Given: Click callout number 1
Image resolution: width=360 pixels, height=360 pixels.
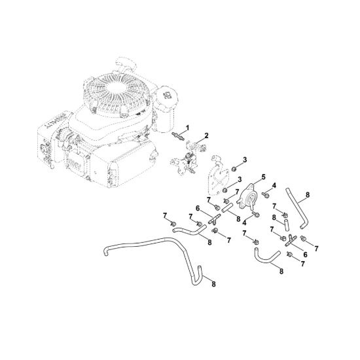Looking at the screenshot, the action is [x=187, y=128].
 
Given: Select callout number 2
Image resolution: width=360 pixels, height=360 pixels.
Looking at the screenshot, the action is [x=206, y=135].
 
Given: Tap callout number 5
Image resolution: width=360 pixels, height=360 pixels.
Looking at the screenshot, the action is [x=263, y=177].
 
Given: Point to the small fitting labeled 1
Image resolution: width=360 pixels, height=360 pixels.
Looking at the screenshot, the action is [x=178, y=136].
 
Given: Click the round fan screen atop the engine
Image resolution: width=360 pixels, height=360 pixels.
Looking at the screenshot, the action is [x=115, y=89].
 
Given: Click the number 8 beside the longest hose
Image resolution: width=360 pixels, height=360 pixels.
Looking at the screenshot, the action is [x=213, y=284].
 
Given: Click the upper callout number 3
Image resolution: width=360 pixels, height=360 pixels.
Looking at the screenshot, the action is [x=245, y=160].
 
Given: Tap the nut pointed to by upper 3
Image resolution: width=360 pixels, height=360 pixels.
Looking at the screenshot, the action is [x=234, y=169].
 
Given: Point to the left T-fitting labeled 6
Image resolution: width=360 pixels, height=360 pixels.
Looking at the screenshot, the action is [x=214, y=219].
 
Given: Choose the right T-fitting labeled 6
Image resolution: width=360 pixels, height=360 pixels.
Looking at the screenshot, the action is [x=291, y=240].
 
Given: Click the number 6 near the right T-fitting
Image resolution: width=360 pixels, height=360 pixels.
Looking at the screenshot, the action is [x=305, y=255].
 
